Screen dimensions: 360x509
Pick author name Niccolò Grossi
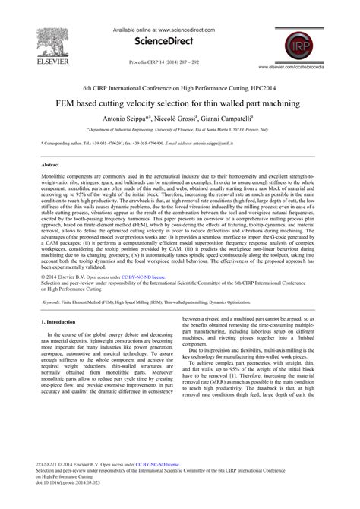(175, 119)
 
